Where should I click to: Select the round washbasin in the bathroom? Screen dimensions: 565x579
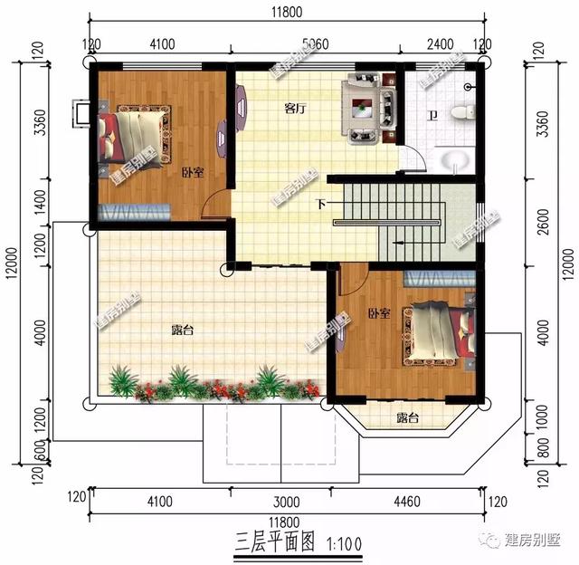(x=455, y=161)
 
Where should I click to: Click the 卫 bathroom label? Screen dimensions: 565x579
(x=433, y=116)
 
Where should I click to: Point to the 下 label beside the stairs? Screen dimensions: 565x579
(x=320, y=203)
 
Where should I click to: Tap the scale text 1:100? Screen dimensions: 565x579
(x=342, y=543)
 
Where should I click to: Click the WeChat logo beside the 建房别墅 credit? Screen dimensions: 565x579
(x=494, y=541)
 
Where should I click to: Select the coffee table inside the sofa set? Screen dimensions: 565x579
(x=365, y=109)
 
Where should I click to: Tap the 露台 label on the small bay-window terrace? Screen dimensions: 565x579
(x=408, y=417)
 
